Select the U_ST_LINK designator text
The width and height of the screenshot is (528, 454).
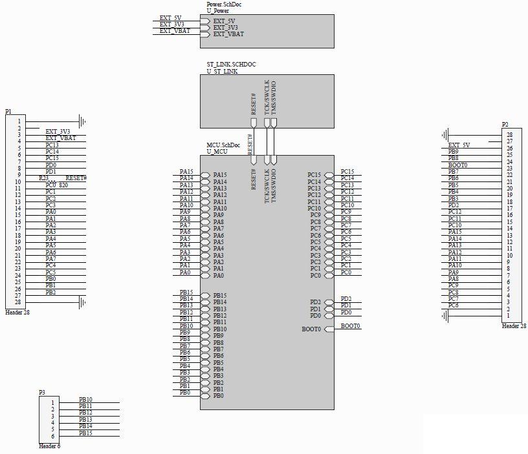point(222,71)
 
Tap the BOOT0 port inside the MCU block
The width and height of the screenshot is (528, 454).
point(311,329)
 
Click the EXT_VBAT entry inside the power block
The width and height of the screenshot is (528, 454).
point(228,34)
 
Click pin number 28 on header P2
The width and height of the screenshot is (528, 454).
point(509,134)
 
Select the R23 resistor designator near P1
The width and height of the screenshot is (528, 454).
point(43,178)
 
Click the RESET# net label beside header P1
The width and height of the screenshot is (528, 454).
point(76,178)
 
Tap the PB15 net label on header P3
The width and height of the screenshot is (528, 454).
point(85,433)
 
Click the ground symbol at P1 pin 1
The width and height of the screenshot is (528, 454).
point(82,121)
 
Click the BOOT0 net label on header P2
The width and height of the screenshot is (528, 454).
point(457,165)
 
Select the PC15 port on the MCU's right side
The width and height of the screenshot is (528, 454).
point(314,174)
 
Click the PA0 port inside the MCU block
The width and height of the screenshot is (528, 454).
point(219,276)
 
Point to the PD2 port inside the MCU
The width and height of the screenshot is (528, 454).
point(315,302)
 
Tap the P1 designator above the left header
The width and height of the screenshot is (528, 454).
point(8,112)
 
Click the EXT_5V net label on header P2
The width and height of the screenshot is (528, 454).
point(459,145)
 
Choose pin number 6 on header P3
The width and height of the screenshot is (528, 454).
point(52,436)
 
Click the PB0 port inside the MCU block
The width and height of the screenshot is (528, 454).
point(219,395)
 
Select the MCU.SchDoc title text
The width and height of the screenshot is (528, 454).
point(223,145)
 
